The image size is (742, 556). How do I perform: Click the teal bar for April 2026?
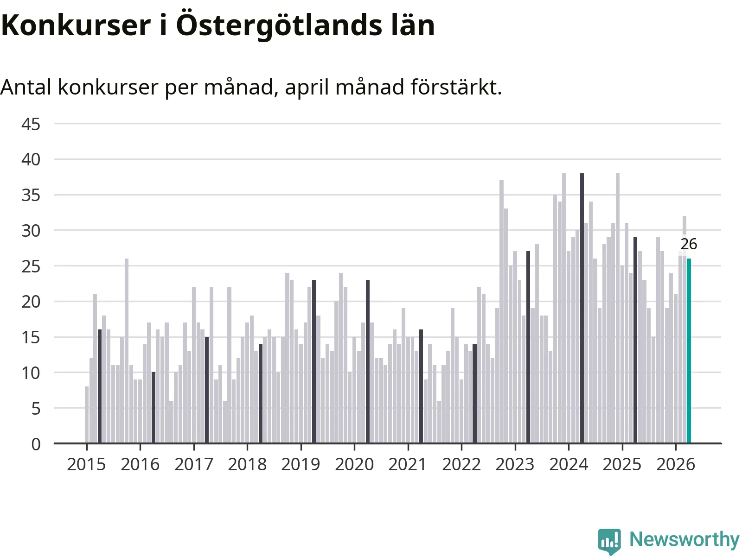(689, 351)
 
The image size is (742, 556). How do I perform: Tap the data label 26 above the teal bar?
(689, 244)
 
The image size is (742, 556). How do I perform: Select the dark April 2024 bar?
(582, 308)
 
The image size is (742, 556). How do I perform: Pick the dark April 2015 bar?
(100, 386)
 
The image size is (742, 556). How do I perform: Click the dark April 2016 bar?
(154, 407)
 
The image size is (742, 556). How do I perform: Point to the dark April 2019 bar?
(314, 361)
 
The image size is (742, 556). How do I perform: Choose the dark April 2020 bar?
(368, 361)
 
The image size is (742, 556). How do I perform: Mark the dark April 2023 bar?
(528, 347)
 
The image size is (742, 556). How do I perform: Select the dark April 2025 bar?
(635, 340)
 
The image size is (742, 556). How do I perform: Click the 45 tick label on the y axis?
(31, 124)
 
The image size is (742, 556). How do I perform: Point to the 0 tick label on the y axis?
(36, 444)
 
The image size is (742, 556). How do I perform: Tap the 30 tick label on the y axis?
(31, 231)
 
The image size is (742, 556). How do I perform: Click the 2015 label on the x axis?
(87, 465)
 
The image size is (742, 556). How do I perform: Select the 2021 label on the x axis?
(408, 465)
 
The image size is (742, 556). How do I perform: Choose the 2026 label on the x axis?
(676, 465)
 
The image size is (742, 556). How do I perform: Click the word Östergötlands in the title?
(279, 25)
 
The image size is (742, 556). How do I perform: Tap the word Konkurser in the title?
(76, 25)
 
